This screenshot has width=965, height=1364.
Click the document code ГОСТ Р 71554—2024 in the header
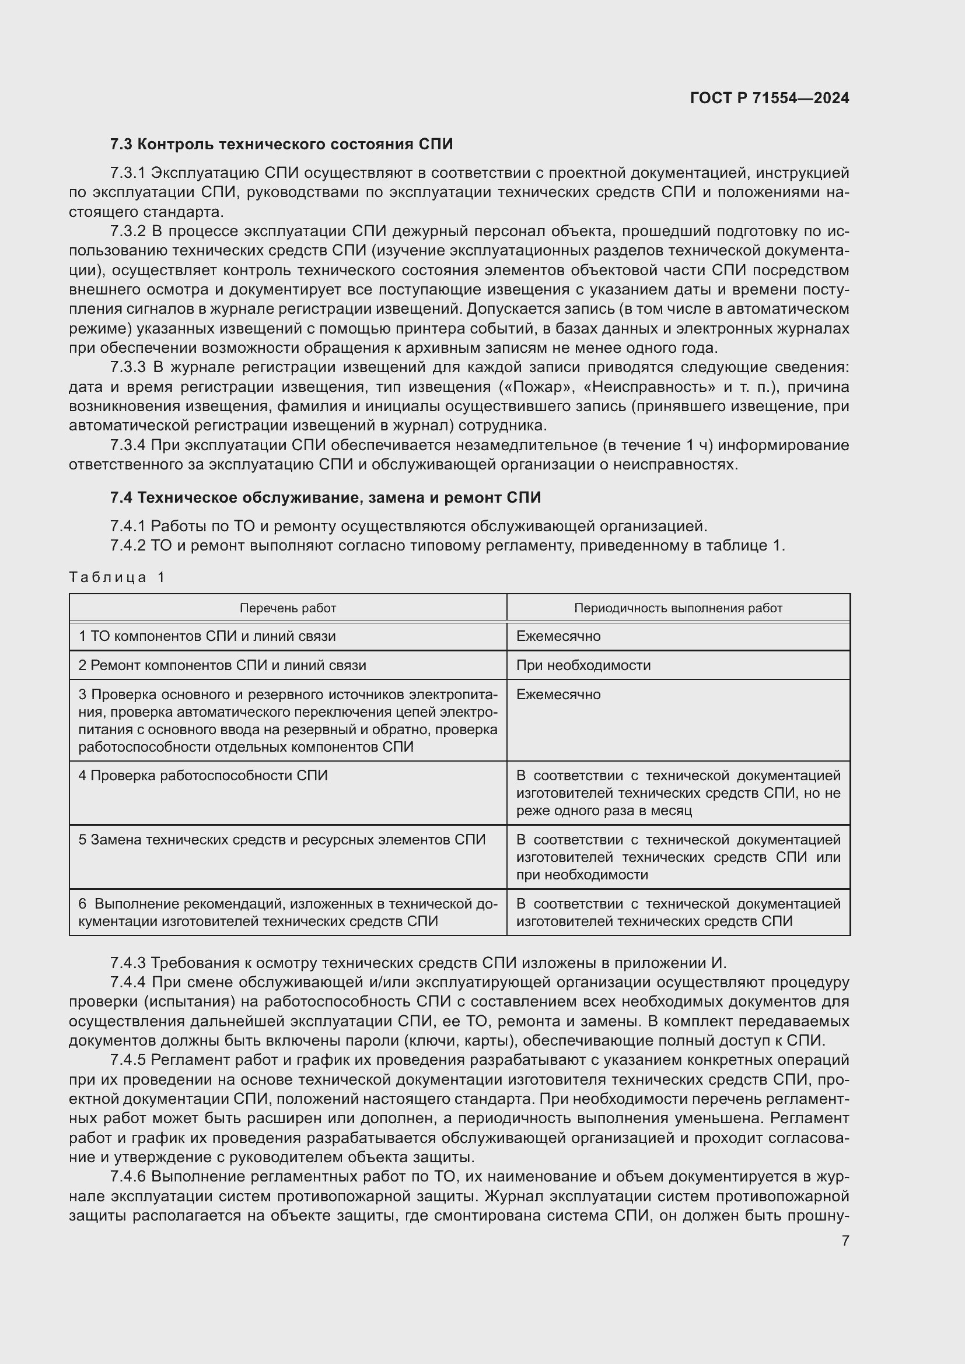click(769, 98)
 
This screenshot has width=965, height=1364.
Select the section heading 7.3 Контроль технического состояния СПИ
click(281, 145)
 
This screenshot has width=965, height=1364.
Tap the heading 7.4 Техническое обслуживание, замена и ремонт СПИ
click(325, 498)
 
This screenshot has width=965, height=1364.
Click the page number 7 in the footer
click(845, 1240)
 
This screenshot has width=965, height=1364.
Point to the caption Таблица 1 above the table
click(117, 577)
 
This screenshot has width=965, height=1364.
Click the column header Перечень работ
click(288, 608)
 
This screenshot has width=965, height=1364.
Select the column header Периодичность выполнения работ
click(677, 608)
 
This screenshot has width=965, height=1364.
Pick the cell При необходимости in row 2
click(583, 665)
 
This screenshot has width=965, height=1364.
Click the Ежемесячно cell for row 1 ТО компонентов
click(558, 636)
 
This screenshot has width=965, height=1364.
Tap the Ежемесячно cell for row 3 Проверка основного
click(558, 695)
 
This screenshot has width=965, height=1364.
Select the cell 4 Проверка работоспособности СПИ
click(202, 776)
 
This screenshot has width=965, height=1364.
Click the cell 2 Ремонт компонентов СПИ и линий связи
click(222, 665)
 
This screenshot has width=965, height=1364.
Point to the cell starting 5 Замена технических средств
click(282, 840)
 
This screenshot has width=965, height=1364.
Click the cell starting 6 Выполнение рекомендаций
click(288, 913)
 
